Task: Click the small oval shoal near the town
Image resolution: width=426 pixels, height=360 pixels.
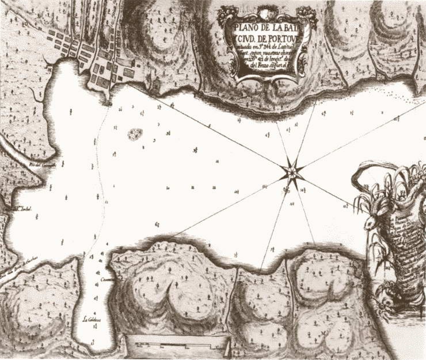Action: tap(135, 135)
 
